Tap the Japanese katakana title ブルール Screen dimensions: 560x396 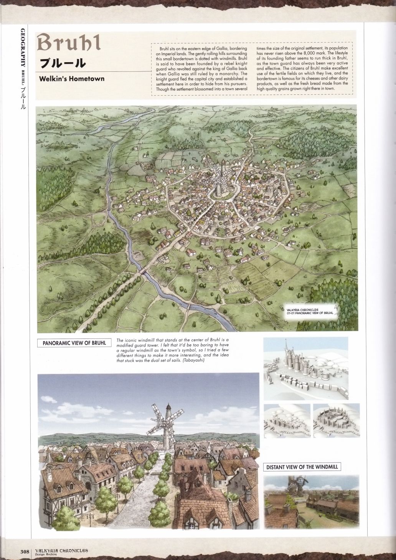(x=63, y=63)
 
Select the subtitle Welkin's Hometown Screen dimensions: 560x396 (x=71, y=79)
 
